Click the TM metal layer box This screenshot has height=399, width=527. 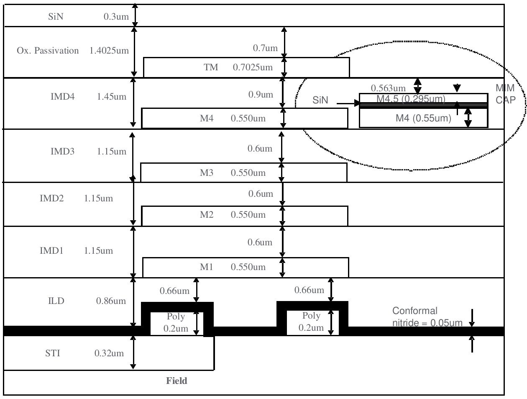point(246,67)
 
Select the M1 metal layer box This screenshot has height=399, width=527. point(246,267)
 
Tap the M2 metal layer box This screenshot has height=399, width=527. point(245,215)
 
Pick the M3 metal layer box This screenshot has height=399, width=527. point(243,173)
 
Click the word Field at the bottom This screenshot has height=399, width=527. point(177,381)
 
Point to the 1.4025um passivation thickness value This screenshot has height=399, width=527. point(109,51)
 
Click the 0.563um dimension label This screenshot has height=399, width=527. point(388,88)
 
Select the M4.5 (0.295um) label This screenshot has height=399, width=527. point(411,99)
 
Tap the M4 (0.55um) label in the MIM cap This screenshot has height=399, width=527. point(423,118)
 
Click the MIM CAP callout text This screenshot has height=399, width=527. point(505,94)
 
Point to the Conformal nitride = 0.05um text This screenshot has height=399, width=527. point(427,317)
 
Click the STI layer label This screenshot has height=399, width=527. point(53,353)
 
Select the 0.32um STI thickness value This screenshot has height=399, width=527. point(109,353)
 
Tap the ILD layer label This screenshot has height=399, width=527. point(56,301)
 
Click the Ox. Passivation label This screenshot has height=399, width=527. point(48,51)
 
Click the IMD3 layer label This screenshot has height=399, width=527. point(62,151)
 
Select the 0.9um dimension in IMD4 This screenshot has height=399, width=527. point(261,95)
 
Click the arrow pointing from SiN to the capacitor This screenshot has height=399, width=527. point(348,102)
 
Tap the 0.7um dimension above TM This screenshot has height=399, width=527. point(265,48)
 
